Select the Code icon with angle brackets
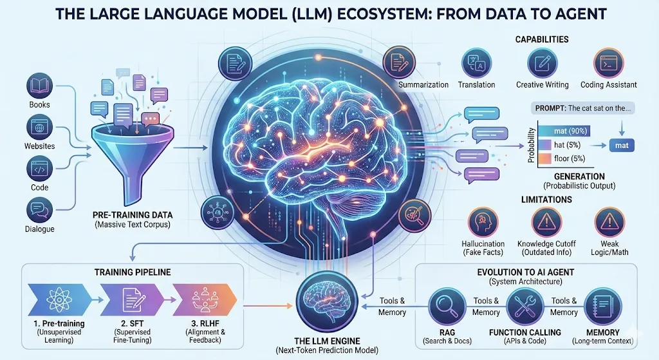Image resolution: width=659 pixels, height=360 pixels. [39, 168]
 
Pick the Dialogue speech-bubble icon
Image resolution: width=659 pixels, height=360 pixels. [39, 209]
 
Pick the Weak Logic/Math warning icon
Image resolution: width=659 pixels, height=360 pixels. [608, 221]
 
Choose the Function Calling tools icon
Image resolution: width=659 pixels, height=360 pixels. [524, 305]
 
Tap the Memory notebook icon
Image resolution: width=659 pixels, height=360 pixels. [603, 305]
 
